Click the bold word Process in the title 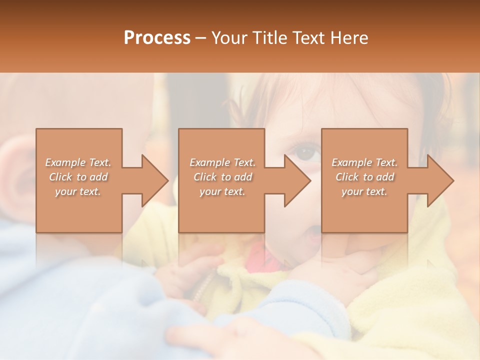coord(157,38)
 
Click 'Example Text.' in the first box coord(78,162)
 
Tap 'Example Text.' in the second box coord(222,162)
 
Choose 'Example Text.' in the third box coord(364,162)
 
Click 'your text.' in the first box coord(78,191)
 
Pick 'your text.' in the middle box coord(222,191)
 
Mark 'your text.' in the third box coord(364,191)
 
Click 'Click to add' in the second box coord(222,177)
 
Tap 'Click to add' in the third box coord(364,177)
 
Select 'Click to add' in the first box coord(78,177)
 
